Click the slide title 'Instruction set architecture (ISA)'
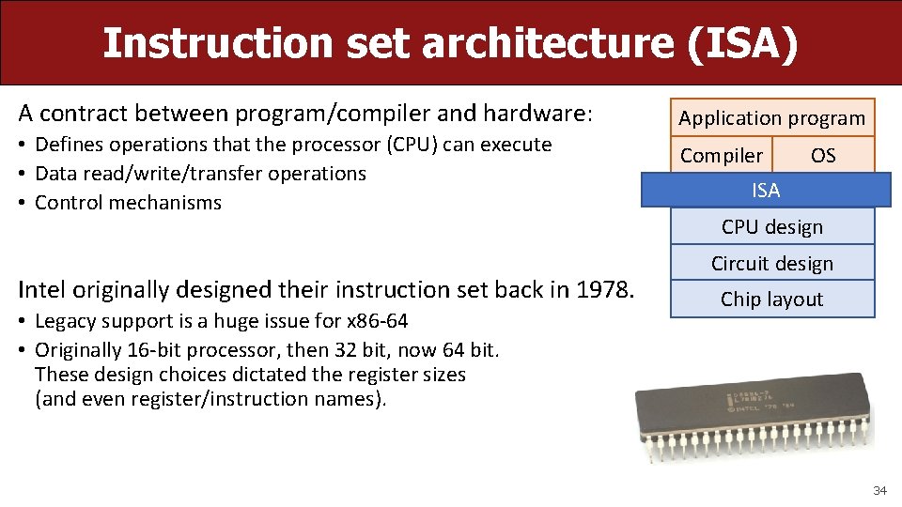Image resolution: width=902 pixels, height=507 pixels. (450, 43)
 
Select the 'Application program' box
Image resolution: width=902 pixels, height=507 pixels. (771, 118)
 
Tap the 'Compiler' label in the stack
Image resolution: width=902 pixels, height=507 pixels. (722, 156)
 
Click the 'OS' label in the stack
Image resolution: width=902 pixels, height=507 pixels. (823, 156)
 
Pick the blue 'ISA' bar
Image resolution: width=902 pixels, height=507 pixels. (766, 191)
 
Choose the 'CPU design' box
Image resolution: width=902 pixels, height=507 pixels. (771, 227)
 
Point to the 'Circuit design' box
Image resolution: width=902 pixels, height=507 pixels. (771, 264)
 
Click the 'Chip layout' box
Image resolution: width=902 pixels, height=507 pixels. (771, 300)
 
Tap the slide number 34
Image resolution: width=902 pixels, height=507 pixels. (879, 491)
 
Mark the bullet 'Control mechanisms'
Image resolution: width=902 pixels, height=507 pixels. (128, 203)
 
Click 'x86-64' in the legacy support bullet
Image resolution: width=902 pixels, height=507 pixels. (374, 321)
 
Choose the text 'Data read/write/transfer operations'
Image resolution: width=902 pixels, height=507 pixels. (200, 174)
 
